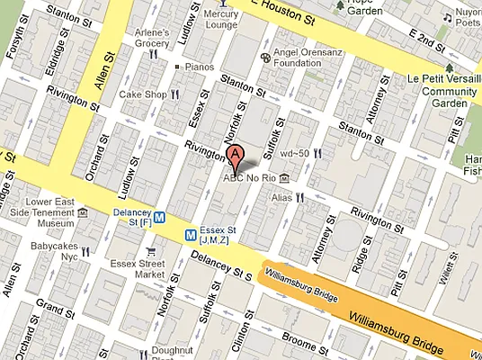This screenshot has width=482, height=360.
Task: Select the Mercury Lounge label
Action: point(221,19)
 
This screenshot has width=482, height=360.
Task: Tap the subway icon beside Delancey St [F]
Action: point(158,216)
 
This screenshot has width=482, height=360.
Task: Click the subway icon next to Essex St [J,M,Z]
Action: point(191,234)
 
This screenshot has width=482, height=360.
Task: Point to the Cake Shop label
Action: point(143,94)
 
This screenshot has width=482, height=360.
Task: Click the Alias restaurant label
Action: point(281,195)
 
